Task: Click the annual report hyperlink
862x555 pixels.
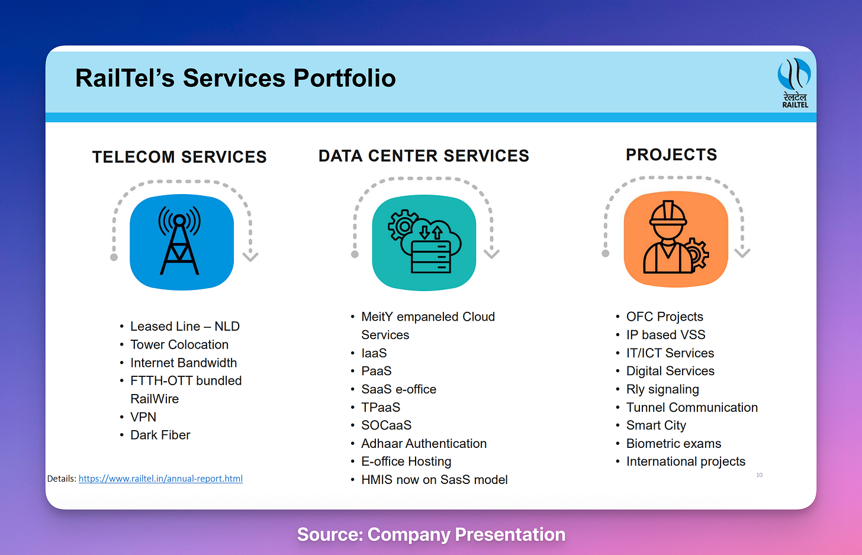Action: pos(160,479)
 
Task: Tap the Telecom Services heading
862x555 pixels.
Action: pos(179,157)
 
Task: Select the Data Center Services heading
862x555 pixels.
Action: pos(423,156)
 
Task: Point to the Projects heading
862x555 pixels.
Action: pos(671,154)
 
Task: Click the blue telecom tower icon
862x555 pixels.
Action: pos(181,241)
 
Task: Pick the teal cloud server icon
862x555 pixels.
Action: pos(424,241)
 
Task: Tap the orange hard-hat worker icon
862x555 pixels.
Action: pos(676,238)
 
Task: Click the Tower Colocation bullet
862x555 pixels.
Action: pos(179,344)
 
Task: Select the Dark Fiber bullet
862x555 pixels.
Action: pos(160,435)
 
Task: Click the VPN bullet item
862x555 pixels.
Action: pos(143,417)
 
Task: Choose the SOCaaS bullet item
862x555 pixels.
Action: pos(386,425)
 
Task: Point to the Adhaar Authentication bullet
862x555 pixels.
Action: pos(424,444)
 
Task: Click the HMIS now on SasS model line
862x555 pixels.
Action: pos(434,480)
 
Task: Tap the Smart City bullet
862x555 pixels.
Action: pos(656,425)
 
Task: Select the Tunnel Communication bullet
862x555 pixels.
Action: pos(691,408)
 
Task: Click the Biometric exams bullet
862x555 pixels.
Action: pos(673,444)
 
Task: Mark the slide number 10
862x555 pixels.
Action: pos(759,475)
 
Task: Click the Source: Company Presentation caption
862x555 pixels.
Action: pos(431,534)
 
